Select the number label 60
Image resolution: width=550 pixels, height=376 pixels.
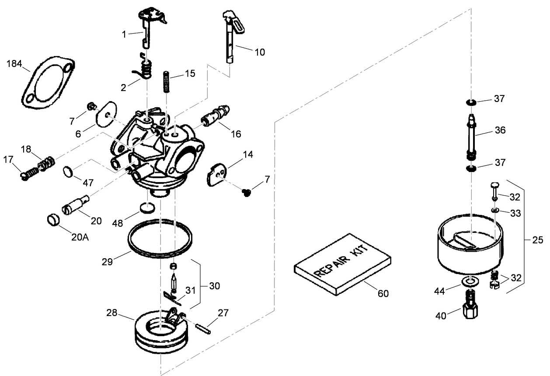point(383,294)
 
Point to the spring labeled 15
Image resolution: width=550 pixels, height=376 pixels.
point(167,81)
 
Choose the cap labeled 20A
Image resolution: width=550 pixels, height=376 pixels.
point(53,219)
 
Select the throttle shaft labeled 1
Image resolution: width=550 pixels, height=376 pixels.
point(147,28)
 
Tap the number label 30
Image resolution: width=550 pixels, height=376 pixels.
point(214,286)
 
